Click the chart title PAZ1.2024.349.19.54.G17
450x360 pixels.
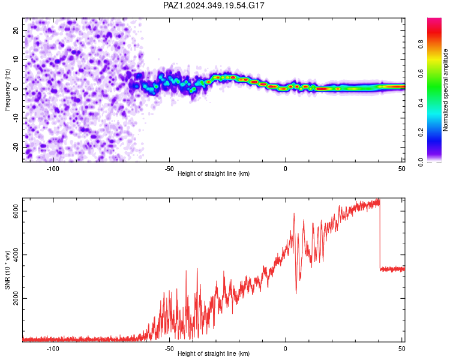[x=214, y=5]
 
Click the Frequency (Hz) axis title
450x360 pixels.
[x=7, y=90]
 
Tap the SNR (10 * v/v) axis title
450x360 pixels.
[x=7, y=270]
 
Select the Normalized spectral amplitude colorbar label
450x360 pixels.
[x=445, y=90]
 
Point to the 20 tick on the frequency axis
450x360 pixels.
[x=16, y=30]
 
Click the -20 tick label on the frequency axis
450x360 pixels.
[x=16, y=147]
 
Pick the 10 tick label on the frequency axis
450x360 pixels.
[x=16, y=59]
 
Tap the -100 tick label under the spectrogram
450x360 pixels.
[x=53, y=169]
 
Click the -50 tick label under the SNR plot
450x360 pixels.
[x=169, y=349]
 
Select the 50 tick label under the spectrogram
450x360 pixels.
[x=402, y=169]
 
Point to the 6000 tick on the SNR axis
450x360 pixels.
[x=16, y=211]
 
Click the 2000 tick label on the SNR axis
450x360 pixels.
[x=16, y=298]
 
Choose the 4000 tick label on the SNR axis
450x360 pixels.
[x=16, y=254]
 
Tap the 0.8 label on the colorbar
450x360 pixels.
[x=421, y=44]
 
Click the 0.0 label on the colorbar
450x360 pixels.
[x=421, y=162]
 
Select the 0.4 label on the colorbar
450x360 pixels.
[x=421, y=103]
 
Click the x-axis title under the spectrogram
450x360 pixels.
[x=214, y=173]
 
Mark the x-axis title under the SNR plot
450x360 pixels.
[x=214, y=353]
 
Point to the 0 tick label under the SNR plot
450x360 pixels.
[x=285, y=349]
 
